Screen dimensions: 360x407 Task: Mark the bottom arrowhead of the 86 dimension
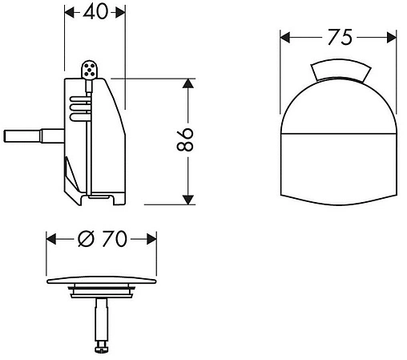[187, 199]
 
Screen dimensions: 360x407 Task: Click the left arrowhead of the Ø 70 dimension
[51, 239]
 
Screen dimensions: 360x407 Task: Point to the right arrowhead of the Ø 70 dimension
[150, 239]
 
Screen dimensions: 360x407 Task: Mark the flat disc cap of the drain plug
[101, 281]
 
